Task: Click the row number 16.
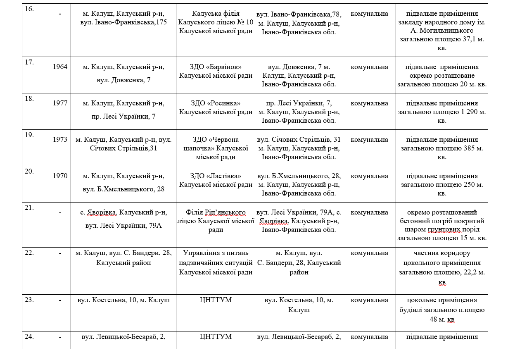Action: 29,9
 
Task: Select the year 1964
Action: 60,67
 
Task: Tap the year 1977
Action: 60,103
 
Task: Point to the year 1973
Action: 60,139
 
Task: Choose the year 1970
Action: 60,176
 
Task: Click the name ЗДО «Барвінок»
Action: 216,67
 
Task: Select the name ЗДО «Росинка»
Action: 216,103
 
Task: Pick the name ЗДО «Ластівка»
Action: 216,176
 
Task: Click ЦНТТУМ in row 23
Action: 216,300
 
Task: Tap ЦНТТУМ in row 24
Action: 216,336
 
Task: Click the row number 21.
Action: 29,207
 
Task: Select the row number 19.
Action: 29,135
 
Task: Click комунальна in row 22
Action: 369,253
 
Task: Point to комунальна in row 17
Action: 369,67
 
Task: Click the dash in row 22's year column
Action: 60,253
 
